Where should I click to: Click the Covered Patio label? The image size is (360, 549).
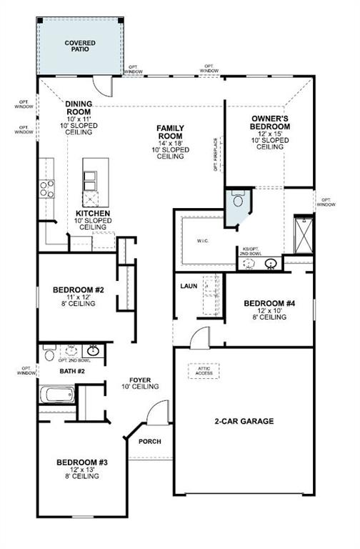(80, 46)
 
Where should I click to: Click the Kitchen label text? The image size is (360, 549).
(93, 214)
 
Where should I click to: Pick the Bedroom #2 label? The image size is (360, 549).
(79, 290)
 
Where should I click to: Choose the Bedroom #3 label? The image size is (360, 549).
(82, 463)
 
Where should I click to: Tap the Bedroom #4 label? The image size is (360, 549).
(269, 303)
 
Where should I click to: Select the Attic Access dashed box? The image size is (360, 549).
(204, 371)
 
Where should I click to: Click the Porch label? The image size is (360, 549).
(149, 441)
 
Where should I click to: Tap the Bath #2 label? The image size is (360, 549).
(71, 372)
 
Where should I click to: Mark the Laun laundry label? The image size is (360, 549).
(189, 286)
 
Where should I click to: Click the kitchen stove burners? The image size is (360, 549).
(47, 188)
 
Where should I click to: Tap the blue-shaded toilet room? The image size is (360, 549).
(236, 200)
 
